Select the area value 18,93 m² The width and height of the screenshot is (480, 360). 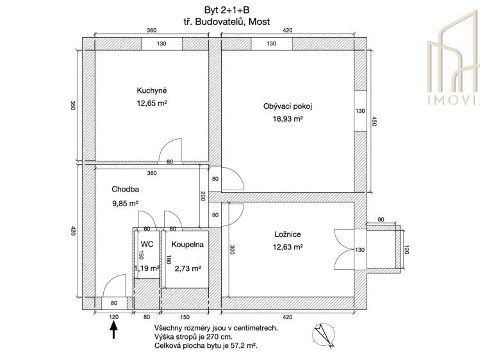point(283,119)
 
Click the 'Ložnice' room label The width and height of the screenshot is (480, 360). point(283,234)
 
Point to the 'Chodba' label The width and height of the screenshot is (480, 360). point(125,190)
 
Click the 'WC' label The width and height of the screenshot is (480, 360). point(147,244)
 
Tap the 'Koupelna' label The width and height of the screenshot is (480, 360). point(184,244)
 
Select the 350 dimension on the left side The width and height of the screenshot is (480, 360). point(72,106)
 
